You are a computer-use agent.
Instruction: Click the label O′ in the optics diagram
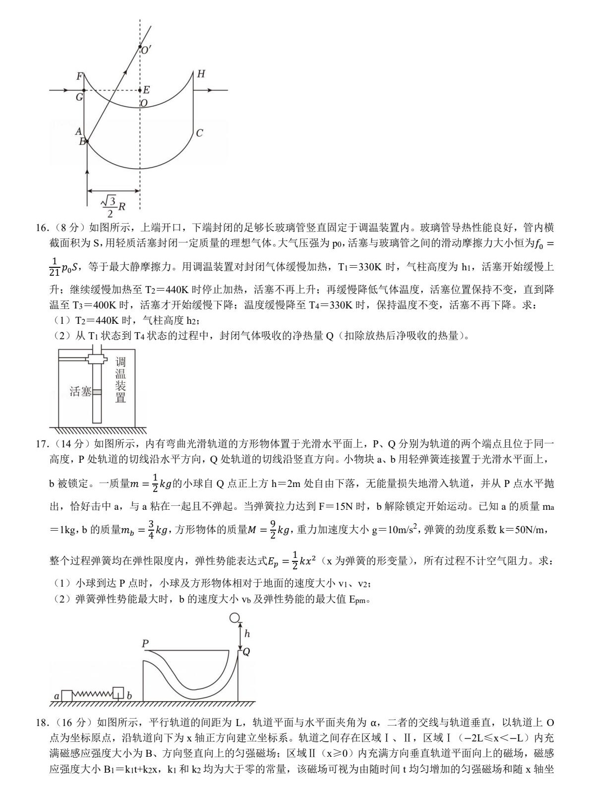(x=146, y=50)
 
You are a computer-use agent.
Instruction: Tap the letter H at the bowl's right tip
(x=201, y=74)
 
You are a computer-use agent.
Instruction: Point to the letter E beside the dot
(x=146, y=90)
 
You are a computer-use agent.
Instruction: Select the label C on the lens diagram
(x=199, y=133)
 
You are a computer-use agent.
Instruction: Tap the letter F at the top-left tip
(x=79, y=76)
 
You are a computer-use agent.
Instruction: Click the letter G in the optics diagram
(x=79, y=97)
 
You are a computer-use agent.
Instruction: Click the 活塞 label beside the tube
(x=80, y=392)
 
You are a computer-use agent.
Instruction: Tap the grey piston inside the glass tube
(x=97, y=392)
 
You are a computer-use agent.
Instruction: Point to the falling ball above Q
(x=235, y=618)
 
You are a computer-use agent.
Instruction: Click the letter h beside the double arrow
(x=247, y=633)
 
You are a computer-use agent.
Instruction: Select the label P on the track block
(x=145, y=644)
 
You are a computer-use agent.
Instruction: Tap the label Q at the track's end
(x=246, y=652)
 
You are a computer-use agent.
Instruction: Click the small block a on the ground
(x=66, y=695)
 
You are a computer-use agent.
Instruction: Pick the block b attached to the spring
(x=118, y=692)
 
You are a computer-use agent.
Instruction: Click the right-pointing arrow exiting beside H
(x=211, y=90)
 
